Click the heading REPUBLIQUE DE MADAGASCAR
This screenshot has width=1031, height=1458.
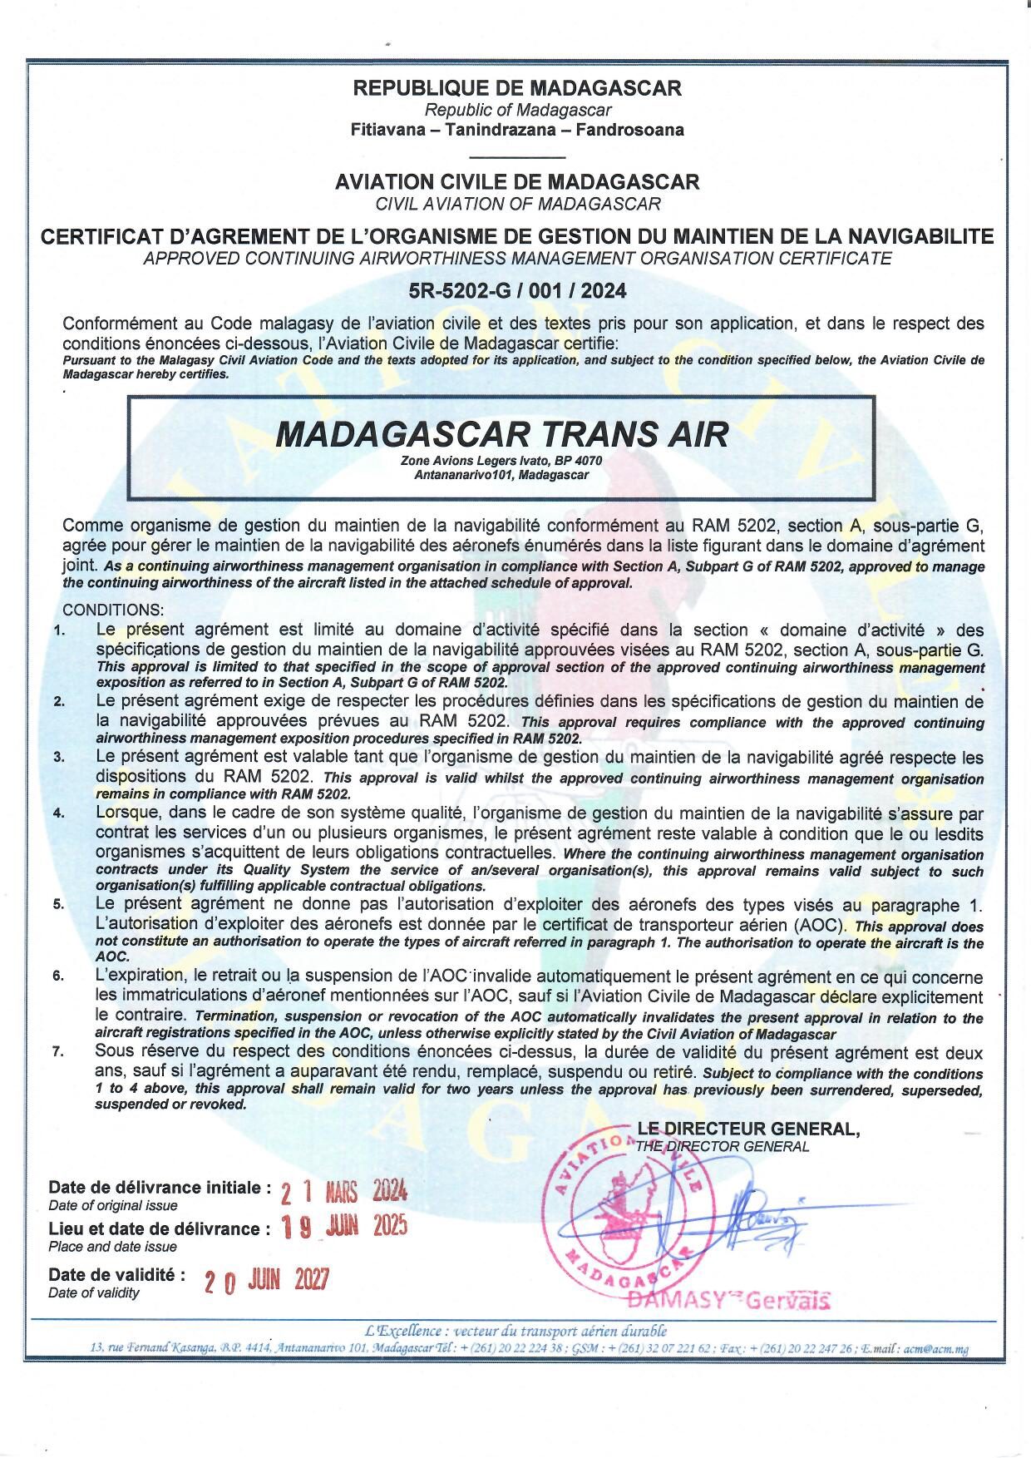[x=517, y=87]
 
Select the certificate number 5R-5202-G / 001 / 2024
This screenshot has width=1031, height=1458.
[x=517, y=291]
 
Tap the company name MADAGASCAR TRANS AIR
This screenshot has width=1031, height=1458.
[x=501, y=434]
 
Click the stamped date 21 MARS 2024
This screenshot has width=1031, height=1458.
[x=343, y=1193]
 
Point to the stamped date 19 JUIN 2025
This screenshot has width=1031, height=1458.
[x=344, y=1228]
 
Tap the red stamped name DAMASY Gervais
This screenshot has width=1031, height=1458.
[x=729, y=1300]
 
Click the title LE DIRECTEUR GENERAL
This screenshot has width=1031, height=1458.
[x=748, y=1129]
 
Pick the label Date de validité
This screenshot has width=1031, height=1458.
[x=116, y=1274]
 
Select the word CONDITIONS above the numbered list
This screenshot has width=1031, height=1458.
[x=113, y=610]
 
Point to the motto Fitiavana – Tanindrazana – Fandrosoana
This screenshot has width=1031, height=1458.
[x=517, y=130]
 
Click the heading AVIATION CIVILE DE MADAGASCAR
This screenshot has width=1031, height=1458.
[x=517, y=181]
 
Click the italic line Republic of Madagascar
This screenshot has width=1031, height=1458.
[x=517, y=110]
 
